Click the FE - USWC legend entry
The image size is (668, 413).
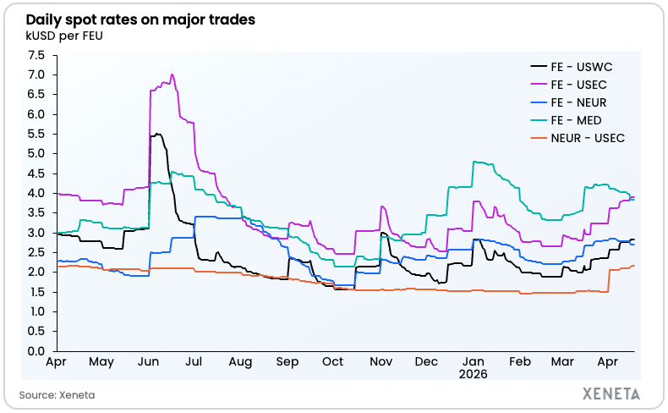579,66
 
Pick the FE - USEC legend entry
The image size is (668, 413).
579,84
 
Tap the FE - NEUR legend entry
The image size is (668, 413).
579,102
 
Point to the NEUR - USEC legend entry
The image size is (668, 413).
587,137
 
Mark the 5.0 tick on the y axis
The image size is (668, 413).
36,153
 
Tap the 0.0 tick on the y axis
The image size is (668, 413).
36,350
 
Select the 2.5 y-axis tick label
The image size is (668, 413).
36,252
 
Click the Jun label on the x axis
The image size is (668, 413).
147,362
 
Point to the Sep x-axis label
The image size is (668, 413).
287,362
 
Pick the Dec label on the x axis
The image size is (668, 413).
427,362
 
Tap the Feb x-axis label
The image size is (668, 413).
520,362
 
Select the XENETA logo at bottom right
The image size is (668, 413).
611,394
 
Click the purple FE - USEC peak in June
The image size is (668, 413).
172,74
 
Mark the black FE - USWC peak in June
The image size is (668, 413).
157,134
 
